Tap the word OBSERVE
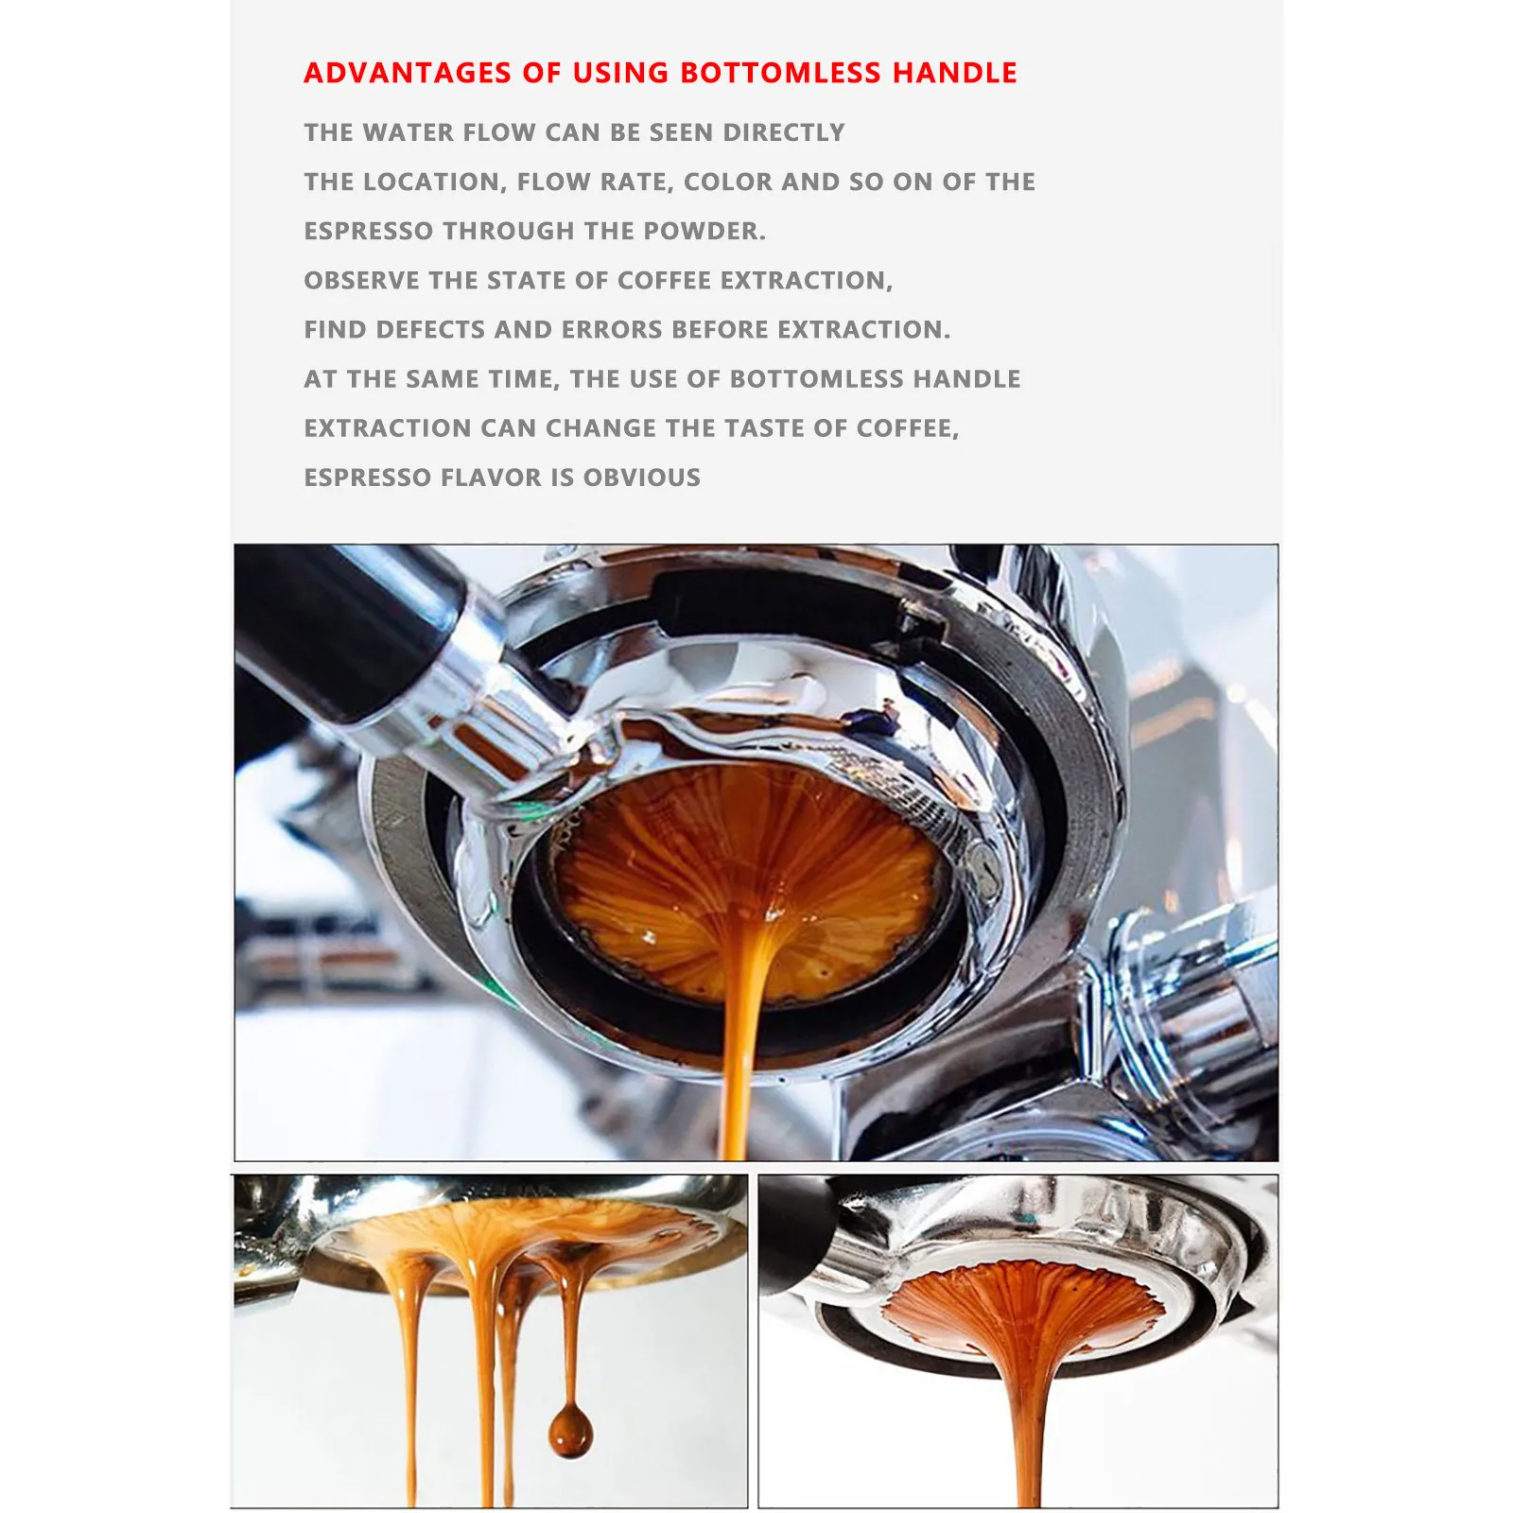(362, 280)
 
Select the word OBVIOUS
(642, 478)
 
